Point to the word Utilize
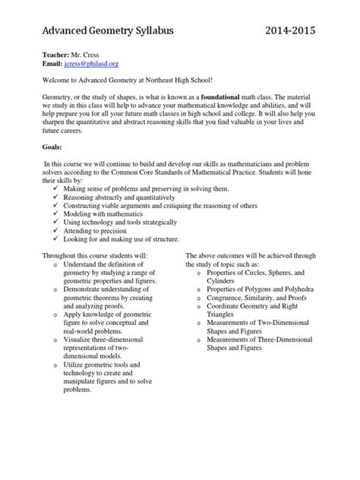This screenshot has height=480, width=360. coord(75,366)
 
